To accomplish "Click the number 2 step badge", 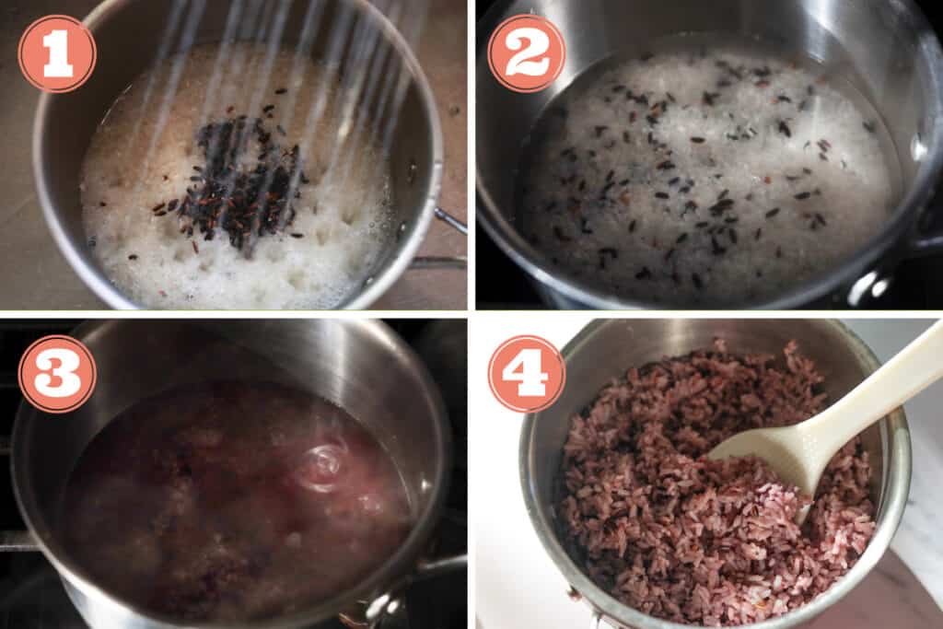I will click(x=527, y=53).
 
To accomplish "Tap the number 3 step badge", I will click(x=57, y=374).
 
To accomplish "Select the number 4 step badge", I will click(x=527, y=374).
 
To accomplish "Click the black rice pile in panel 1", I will click(x=235, y=180).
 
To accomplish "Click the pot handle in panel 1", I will click(x=449, y=222).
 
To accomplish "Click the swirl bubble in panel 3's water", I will click(x=322, y=465).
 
